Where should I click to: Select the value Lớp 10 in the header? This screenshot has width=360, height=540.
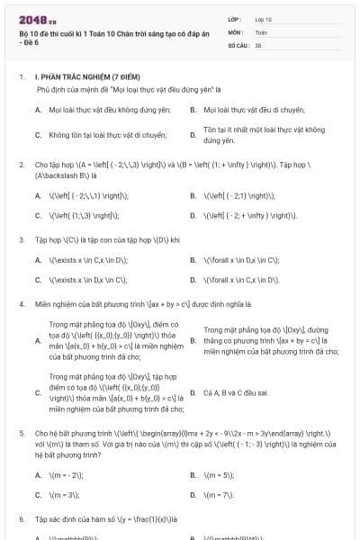click(264, 19)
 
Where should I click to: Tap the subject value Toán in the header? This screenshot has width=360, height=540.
click(261, 31)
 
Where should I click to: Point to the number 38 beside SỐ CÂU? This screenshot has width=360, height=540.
click(258, 44)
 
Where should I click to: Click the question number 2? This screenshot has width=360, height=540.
click(21, 166)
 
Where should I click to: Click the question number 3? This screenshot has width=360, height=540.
click(21, 240)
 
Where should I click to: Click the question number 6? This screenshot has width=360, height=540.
click(21, 519)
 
